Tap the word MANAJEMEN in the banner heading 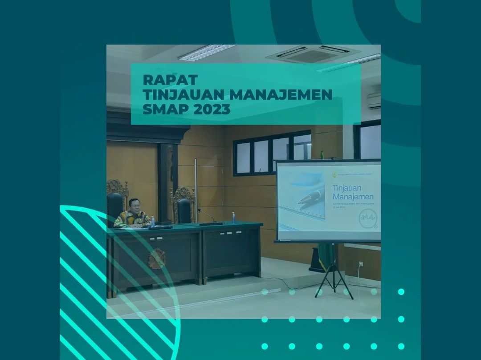[x=281, y=94]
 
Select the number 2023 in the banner [x=212, y=109]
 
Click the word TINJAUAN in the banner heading [x=183, y=94]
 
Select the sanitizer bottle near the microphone [x=233, y=218]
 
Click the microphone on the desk [x=208, y=216]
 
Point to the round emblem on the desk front [x=157, y=259]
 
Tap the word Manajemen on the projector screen [x=353, y=196]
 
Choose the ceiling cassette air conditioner [x=312, y=54]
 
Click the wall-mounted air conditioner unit [x=374, y=101]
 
